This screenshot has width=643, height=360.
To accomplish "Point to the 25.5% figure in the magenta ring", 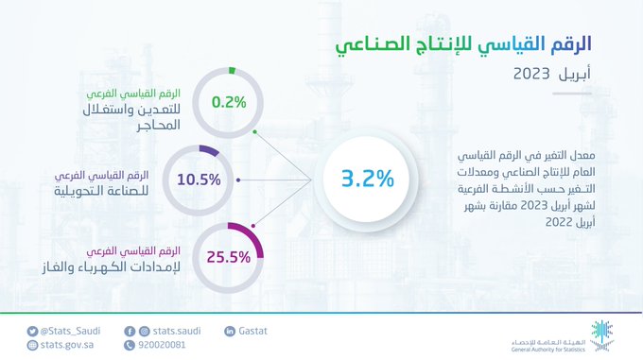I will point(227,255).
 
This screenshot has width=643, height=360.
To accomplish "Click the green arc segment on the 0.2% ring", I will point(230,70).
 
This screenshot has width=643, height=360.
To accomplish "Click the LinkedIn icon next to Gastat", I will point(230,331).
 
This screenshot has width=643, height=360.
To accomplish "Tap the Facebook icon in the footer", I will point(130,331).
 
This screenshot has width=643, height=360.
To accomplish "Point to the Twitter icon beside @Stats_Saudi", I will point(32,331).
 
